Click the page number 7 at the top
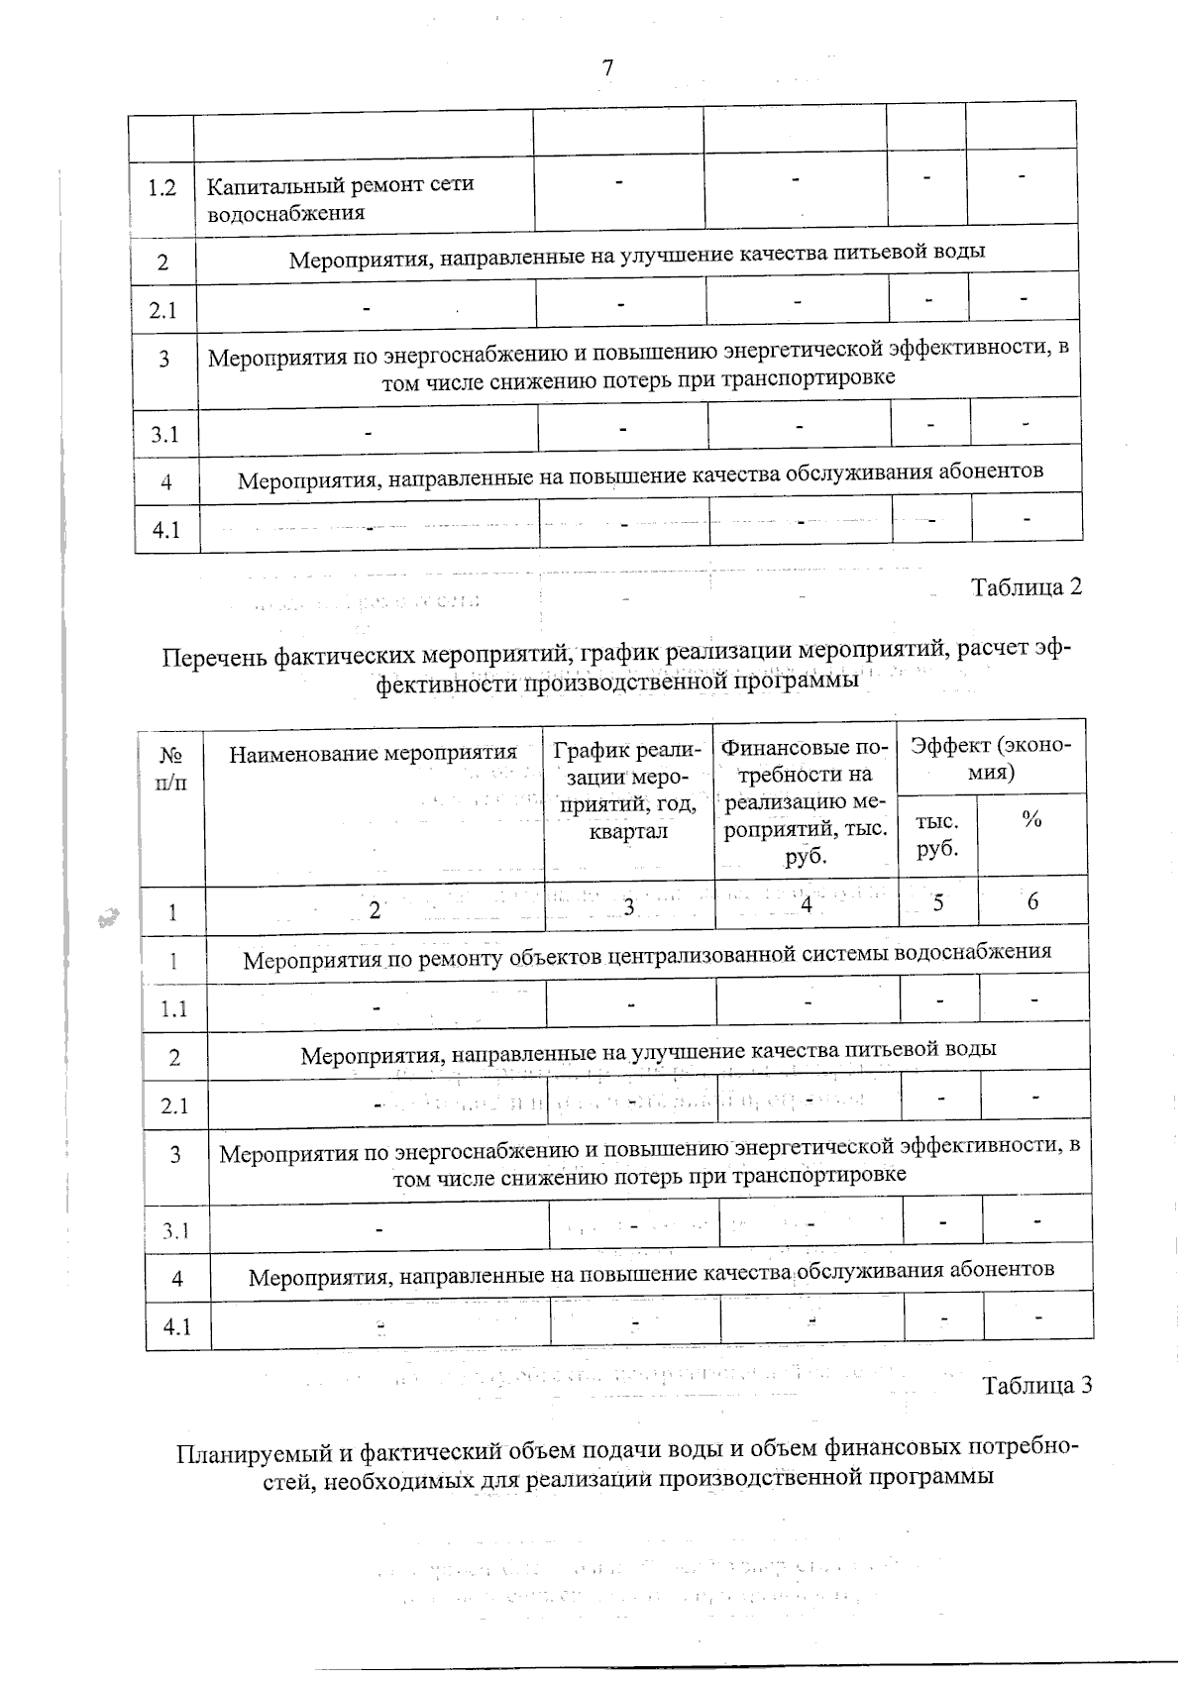pos(607,67)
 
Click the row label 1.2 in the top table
pos(162,188)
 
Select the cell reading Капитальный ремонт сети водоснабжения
pos(341,198)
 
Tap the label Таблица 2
pos(1026,586)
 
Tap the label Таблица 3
pos(1036,1385)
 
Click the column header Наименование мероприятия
pos(374,754)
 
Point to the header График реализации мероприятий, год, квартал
pos(628,789)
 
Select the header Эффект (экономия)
pos(991,758)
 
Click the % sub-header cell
pos(1031,820)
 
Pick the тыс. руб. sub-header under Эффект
pos(936,835)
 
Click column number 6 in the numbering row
pos(1032,901)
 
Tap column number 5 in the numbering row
pos(937,903)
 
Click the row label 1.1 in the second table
pos(174,1009)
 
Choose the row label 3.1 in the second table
pos(175,1231)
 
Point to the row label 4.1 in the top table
pos(165,530)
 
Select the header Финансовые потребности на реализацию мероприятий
pos(805,800)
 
